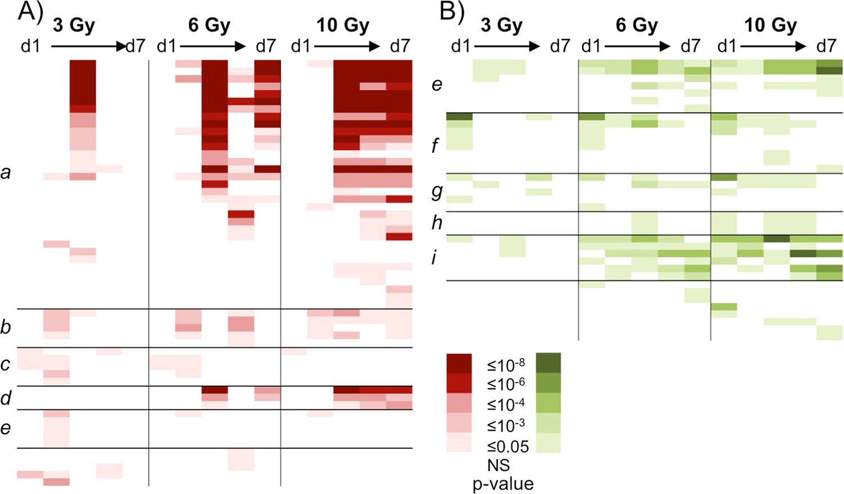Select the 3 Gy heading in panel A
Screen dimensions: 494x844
pyautogui.click(x=74, y=25)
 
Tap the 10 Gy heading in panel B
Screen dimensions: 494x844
pyautogui.click(x=770, y=25)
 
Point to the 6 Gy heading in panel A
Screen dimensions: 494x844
pyautogui.click(x=209, y=25)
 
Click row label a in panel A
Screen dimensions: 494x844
pyautogui.click(x=6, y=172)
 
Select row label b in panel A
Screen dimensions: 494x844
pyautogui.click(x=6, y=327)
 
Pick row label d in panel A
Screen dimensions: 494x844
pyautogui.click(x=6, y=398)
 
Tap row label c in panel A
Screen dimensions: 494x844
pyautogui.click(x=6, y=364)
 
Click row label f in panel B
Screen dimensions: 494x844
pyautogui.click(x=435, y=146)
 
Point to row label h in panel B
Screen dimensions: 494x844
pyautogui.click(x=437, y=223)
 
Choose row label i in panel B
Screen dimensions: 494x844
pyautogui.click(x=434, y=258)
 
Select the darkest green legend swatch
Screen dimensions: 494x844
pyautogui.click(x=548, y=363)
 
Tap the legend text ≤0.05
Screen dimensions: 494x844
pyautogui.click(x=508, y=447)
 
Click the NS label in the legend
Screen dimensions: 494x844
pyautogui.click(x=499, y=465)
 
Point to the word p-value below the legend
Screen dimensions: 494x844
pyautogui.click(x=503, y=483)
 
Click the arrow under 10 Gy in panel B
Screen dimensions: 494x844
pyautogui.click(x=773, y=46)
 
